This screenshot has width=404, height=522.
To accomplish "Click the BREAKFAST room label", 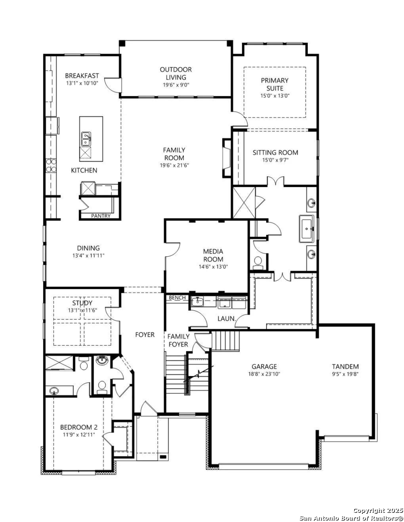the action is (82, 76).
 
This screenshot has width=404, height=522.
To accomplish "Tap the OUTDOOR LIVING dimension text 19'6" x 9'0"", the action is (176, 85).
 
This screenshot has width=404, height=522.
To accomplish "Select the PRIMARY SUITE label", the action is (275, 84).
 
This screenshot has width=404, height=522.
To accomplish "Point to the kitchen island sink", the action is (86, 139).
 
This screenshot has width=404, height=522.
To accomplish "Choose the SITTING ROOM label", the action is (275, 152).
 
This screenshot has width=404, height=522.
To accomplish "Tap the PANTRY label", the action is (101, 216).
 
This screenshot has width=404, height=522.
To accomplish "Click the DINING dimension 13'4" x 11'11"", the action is (89, 256).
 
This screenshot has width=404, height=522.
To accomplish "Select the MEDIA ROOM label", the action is (213, 255).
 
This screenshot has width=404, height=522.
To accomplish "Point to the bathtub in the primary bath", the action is (307, 228).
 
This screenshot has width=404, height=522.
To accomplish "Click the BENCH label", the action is (177, 298).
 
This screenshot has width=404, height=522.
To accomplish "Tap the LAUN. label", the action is (226, 319).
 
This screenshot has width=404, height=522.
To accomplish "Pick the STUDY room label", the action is (82, 303).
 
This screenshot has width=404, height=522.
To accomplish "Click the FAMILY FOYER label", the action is (179, 340).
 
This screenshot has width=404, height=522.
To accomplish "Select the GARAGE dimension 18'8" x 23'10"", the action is (264, 374).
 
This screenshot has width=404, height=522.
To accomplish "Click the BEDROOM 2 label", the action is (79, 427).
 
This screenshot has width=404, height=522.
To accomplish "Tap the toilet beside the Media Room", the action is (258, 262).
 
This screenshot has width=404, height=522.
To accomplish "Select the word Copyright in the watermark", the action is (369, 511).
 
